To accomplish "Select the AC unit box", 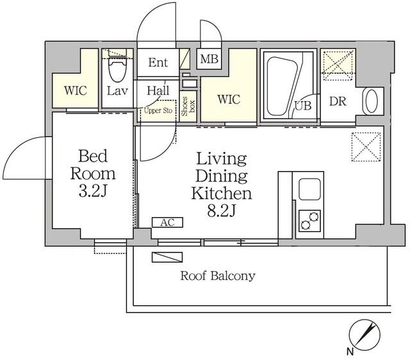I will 167,223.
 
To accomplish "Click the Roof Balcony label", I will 218,277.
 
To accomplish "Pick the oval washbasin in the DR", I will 372,101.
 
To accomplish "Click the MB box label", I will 208,60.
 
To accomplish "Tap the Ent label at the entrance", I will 158,62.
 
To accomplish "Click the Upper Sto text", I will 158,110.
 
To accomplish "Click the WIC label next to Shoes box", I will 228,100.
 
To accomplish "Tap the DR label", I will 338,101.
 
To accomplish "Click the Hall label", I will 158,91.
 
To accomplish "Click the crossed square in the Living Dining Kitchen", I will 366,147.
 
